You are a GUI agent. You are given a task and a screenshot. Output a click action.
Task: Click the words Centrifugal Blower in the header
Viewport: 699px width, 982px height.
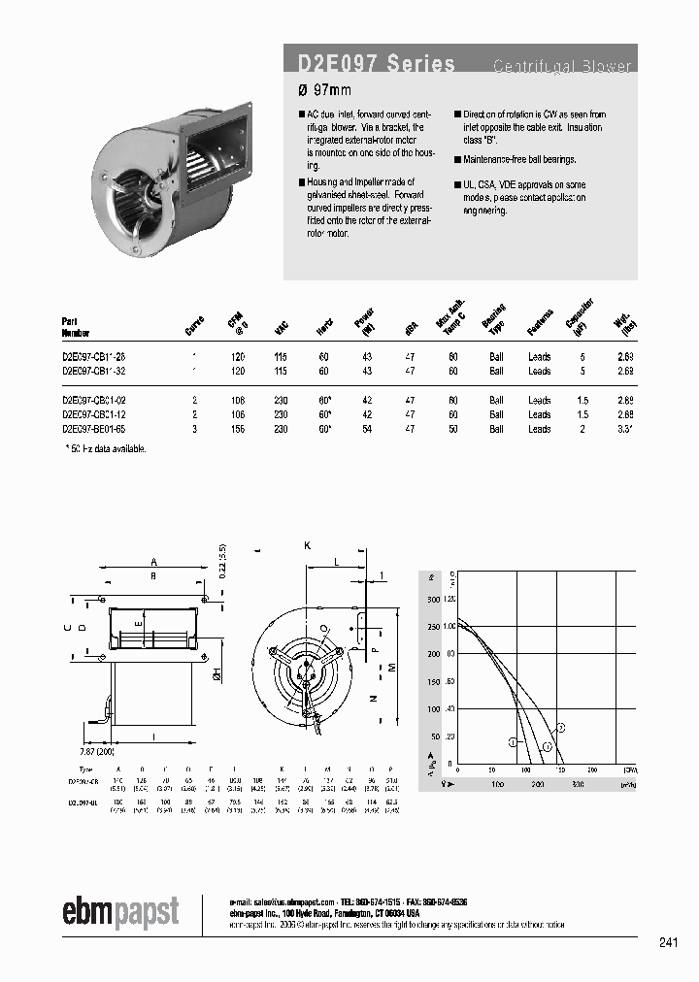point(562,67)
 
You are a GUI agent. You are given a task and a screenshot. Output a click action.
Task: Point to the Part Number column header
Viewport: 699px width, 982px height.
point(77,326)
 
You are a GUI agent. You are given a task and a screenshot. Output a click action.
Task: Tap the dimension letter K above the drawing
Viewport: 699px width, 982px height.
point(308,546)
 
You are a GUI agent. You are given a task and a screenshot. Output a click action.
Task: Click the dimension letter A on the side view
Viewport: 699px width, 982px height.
point(153,561)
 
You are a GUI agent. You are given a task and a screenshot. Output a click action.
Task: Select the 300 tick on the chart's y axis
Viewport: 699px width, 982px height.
point(434,600)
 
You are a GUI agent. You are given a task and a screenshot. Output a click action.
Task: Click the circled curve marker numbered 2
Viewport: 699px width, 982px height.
point(560,727)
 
